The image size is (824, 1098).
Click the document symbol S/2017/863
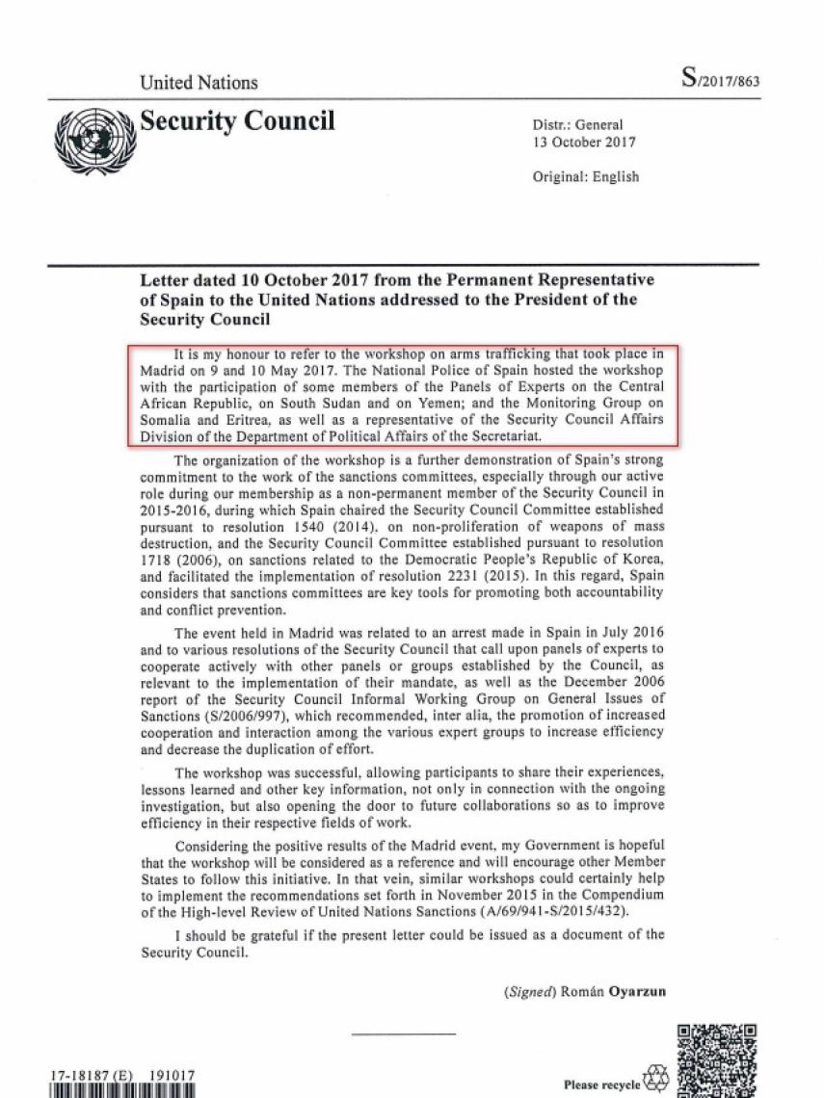pos(720,80)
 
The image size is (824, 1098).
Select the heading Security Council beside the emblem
pos(237,121)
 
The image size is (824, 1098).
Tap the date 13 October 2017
pos(584,142)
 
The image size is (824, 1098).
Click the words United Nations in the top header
pos(199,82)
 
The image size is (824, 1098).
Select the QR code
pos(717,1059)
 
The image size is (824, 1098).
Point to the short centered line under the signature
pos(404,1035)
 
